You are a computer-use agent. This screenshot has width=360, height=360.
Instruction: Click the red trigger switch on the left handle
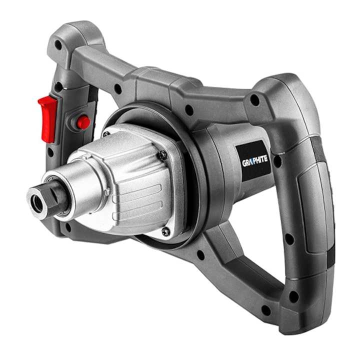point(48,117)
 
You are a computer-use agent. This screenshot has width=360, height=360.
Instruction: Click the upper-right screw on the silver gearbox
point(162,155)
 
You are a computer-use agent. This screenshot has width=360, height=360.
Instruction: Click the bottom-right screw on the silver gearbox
point(165,231)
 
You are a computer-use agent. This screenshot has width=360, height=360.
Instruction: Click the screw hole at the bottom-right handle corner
point(293,296)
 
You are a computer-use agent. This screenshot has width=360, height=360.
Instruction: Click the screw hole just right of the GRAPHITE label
point(276,161)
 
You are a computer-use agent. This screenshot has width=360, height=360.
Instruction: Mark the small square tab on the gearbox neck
point(106,191)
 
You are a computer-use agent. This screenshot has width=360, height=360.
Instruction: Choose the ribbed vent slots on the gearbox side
point(132,200)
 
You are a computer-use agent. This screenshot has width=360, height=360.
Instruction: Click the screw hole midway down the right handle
point(289,239)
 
